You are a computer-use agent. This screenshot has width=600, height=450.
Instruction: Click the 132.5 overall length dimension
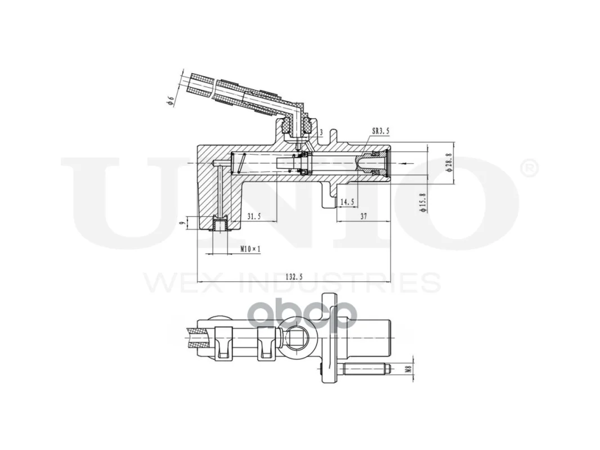[x=294, y=277]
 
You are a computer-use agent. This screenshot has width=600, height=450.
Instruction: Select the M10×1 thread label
[x=250, y=249]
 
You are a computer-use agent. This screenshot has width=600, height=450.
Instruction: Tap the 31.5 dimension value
[x=254, y=217]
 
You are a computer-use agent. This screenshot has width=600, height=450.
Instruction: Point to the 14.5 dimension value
[x=347, y=202]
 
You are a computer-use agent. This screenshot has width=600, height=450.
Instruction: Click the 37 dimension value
[x=364, y=217]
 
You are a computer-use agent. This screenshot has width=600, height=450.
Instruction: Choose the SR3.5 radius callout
[x=380, y=131]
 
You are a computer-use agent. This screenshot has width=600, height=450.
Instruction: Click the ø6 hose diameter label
[x=171, y=101]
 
